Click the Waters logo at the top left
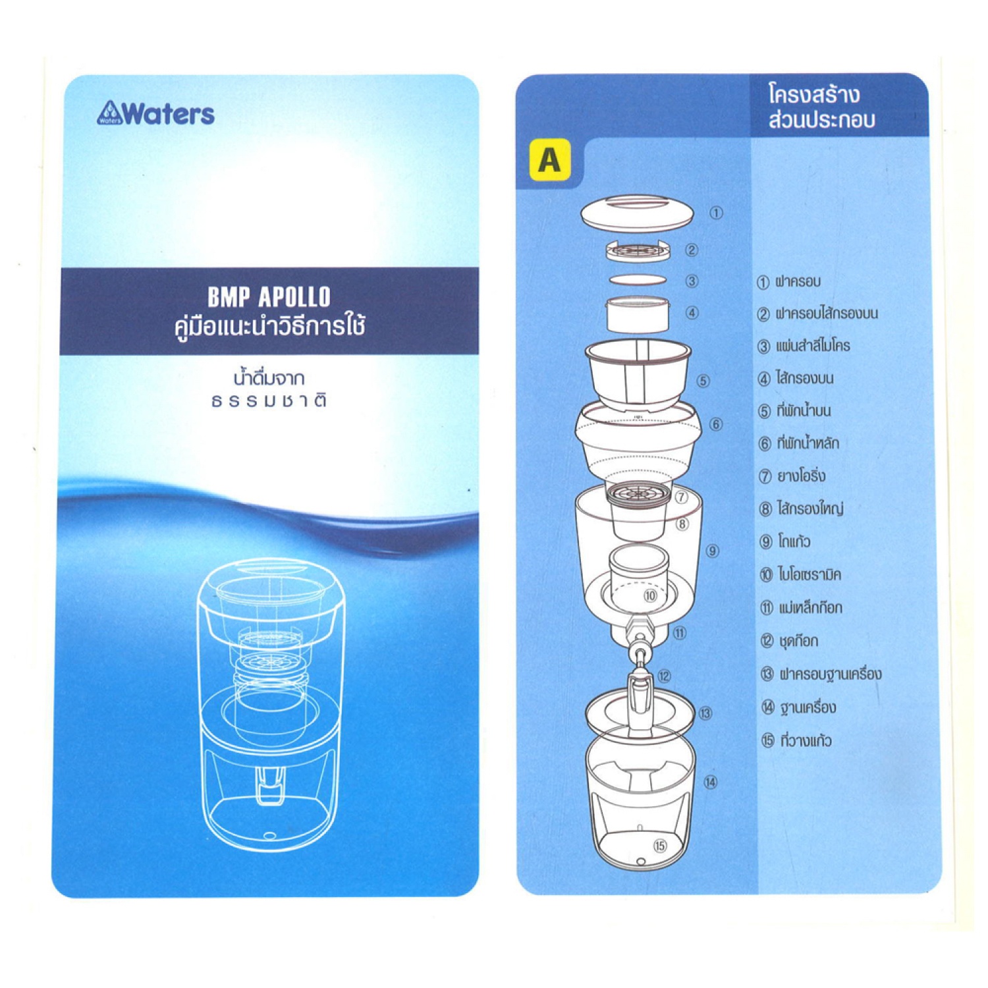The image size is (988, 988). pyautogui.click(x=156, y=114)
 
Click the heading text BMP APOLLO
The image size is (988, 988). pyautogui.click(x=269, y=297)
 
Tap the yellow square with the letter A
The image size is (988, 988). pyautogui.click(x=549, y=159)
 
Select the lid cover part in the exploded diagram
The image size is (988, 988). pyautogui.click(x=637, y=213)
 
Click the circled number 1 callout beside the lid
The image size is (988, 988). pyautogui.click(x=717, y=213)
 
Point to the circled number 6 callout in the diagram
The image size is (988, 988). pyautogui.click(x=717, y=424)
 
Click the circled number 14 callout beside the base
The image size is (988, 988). pyautogui.click(x=710, y=782)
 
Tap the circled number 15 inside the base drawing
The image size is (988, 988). pyautogui.click(x=660, y=846)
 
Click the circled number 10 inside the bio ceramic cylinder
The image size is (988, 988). pyautogui.click(x=650, y=596)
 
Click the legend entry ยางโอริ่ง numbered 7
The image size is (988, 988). pyautogui.click(x=792, y=476)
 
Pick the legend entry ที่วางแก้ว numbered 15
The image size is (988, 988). pyautogui.click(x=797, y=740)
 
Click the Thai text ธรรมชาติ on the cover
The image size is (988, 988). pyautogui.click(x=269, y=401)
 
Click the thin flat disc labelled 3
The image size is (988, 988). pyautogui.click(x=638, y=280)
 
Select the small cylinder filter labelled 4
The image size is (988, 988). pyautogui.click(x=638, y=315)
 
